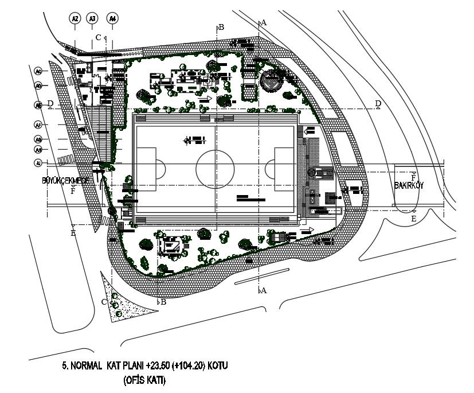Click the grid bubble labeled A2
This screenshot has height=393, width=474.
(75, 19)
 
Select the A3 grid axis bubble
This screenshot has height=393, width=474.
(93, 19)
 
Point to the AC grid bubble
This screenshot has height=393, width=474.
(38, 72)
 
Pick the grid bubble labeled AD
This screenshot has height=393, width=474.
(38, 85)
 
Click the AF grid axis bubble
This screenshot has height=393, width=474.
(38, 124)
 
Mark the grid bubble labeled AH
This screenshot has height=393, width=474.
(38, 150)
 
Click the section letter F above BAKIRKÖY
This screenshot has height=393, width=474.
(413, 177)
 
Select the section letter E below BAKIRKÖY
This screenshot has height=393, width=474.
(414, 219)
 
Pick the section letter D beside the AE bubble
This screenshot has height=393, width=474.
(50, 103)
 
